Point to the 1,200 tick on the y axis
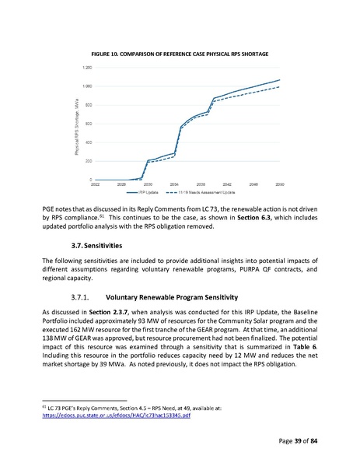86,68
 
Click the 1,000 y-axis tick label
86,86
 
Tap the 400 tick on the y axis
88,142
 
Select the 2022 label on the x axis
95,184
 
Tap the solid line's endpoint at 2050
280,79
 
